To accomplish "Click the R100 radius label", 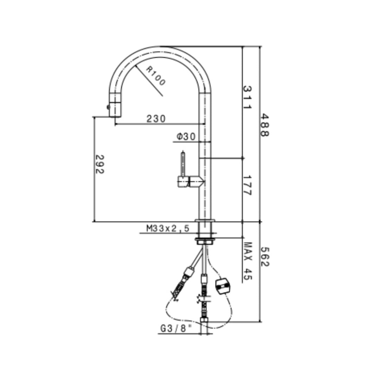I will [155, 76].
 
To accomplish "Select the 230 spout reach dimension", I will [156, 119].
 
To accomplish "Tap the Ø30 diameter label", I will [186, 137].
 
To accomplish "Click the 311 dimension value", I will [248, 97].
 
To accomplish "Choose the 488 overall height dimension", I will [265, 125].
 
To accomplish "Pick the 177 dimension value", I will [248, 185].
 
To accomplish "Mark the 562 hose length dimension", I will [265, 256].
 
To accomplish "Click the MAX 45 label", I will [248, 261].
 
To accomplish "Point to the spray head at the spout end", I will [115, 105].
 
